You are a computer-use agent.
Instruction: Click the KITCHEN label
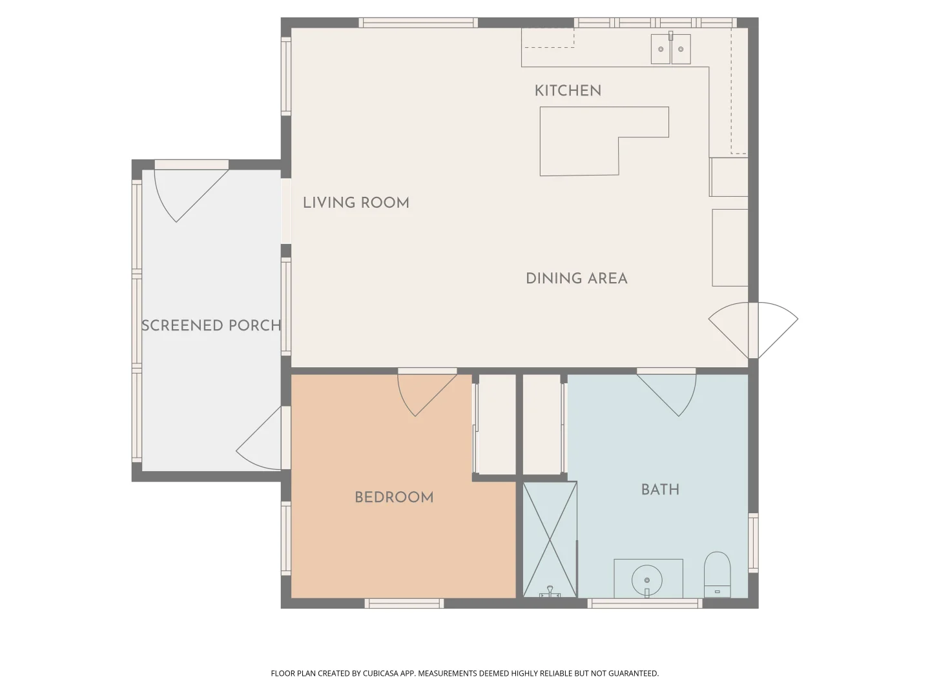click(568, 91)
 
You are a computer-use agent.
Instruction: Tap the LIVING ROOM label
click(356, 203)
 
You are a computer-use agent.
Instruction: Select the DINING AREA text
click(576, 279)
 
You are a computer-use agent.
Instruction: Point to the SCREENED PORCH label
click(211, 326)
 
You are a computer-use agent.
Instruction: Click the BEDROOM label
click(394, 498)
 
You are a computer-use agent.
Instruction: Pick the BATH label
click(660, 490)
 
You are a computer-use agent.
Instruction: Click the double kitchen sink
click(670, 49)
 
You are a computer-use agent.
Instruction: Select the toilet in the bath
click(716, 574)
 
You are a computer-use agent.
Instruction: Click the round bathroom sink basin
click(647, 580)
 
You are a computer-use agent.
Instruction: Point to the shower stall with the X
click(549, 539)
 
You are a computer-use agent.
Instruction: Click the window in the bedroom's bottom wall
click(404, 603)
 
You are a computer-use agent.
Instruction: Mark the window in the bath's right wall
click(753, 542)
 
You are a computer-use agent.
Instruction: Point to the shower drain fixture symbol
click(550, 592)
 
